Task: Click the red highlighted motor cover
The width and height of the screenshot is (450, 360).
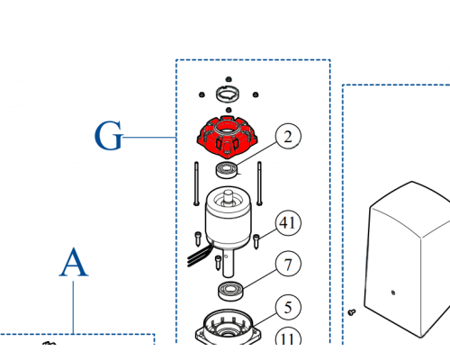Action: tap(227, 137)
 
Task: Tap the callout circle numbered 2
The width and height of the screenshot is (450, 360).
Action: tap(288, 136)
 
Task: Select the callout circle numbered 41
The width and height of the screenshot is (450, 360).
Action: tap(288, 223)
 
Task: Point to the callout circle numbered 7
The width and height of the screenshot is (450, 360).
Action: tap(288, 264)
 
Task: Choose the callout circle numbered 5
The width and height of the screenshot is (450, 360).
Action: tap(288, 307)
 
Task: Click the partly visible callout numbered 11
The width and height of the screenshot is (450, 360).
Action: tap(288, 336)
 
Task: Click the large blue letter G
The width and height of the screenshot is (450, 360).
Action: tap(108, 136)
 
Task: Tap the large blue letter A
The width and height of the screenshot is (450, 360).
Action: tap(74, 263)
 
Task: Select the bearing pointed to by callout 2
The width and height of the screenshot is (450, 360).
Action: tap(227, 170)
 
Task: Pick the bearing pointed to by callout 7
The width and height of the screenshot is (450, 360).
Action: tap(230, 291)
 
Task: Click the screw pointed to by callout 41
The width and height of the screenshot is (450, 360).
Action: tap(256, 241)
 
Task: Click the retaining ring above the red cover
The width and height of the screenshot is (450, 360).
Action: tap(228, 94)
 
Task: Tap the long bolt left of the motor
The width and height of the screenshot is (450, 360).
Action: tap(196, 184)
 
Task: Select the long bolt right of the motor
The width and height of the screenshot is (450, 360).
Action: tap(259, 184)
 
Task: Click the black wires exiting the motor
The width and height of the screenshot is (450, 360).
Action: tap(199, 256)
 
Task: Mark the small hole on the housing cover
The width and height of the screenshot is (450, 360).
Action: tap(393, 292)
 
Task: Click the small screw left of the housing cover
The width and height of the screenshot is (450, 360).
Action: tap(352, 312)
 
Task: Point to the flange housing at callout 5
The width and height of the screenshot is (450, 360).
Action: tap(228, 328)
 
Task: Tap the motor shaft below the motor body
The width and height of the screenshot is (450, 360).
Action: tap(228, 263)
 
